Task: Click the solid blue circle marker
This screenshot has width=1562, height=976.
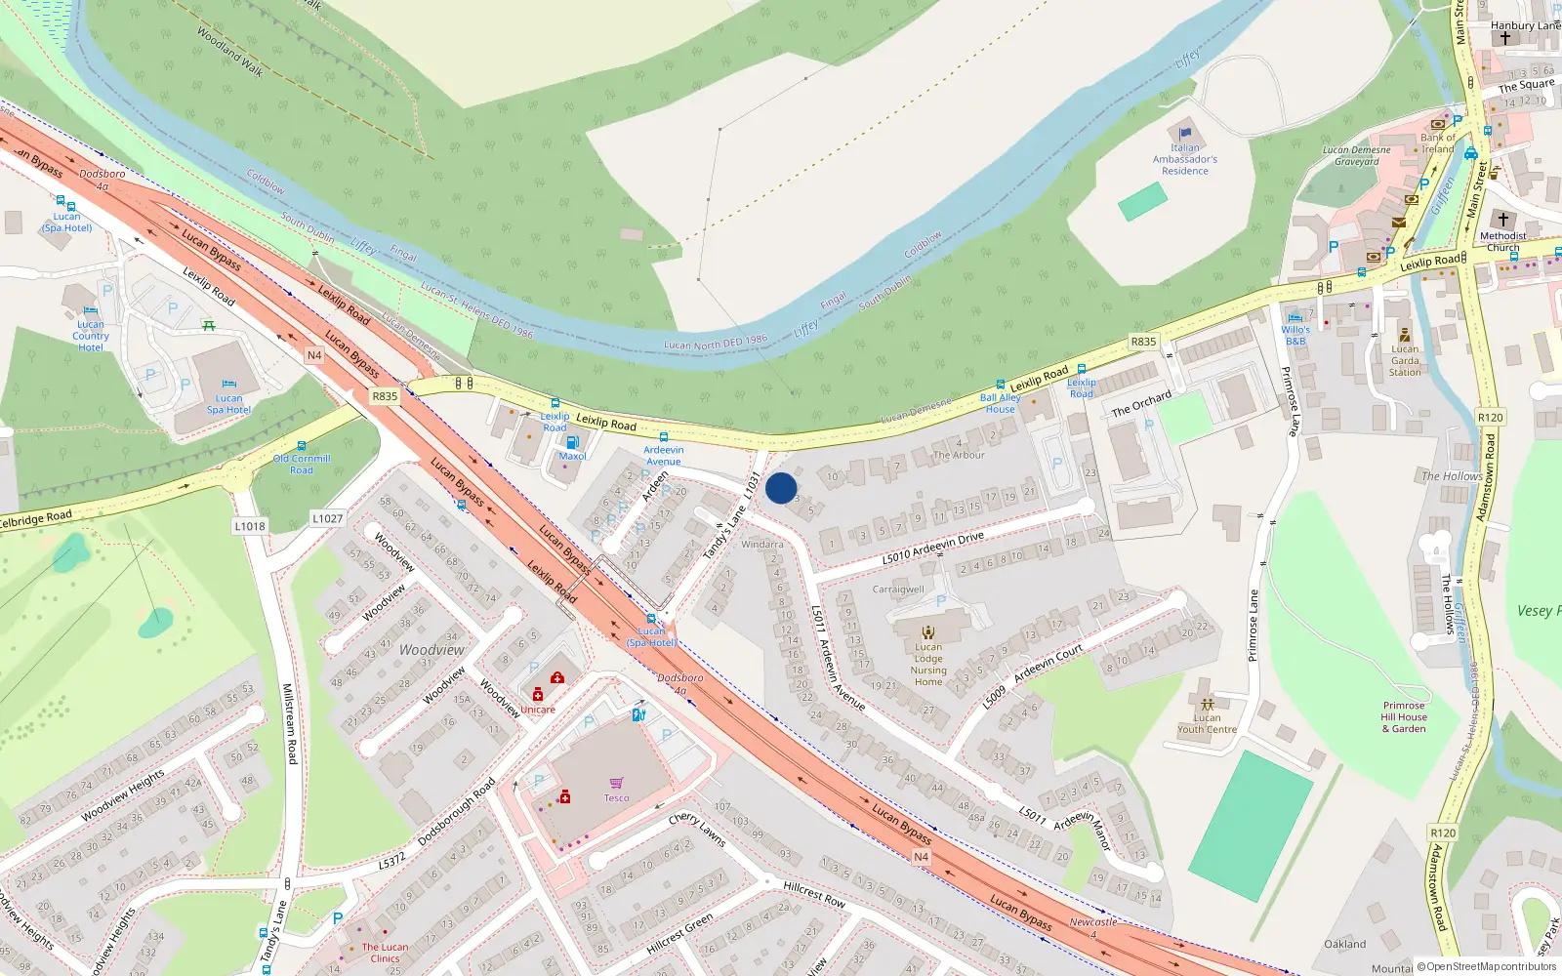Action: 781,488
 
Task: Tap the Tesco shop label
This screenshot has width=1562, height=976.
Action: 616,798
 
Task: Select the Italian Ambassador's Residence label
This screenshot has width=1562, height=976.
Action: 1185,159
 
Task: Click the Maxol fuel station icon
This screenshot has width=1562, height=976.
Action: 572,443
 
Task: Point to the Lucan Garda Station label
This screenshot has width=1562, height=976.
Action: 1405,360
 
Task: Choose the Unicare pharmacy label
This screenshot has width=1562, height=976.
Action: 538,710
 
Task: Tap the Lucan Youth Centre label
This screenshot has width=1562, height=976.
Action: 1207,723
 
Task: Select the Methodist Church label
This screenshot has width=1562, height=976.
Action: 1502,241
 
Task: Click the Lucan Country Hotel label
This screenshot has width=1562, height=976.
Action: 91,336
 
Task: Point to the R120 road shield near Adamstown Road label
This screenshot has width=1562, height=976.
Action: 1443,833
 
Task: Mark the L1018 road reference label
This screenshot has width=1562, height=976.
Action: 250,526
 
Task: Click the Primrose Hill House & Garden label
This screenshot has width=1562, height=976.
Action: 1404,716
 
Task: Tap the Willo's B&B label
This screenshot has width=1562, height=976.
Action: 1295,336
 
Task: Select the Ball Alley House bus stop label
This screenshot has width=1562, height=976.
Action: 1000,403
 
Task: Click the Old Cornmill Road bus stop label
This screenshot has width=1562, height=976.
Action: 302,464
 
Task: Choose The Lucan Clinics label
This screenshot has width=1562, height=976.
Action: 385,953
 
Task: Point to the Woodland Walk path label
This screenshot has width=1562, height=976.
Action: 229,51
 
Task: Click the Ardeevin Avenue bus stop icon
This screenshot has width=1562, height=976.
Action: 664,437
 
